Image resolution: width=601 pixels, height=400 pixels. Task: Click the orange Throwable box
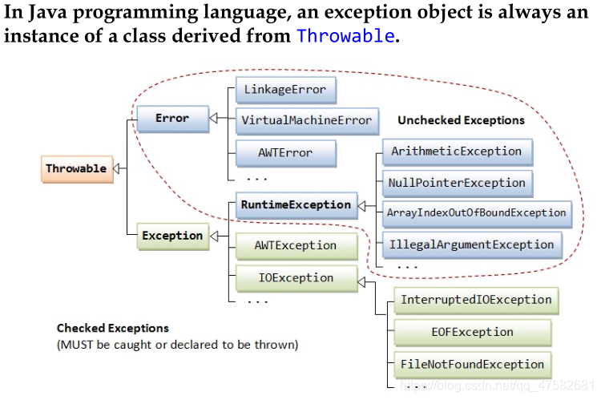pos(75,168)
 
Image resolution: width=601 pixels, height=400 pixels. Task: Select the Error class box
pos(172,119)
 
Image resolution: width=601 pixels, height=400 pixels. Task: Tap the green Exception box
pos(172,236)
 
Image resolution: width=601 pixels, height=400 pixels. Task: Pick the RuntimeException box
pos(296,204)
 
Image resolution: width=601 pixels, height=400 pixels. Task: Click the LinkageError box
pos(286,90)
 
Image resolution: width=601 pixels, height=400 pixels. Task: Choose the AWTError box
pos(286,152)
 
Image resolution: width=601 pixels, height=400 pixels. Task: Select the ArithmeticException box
pos(457,151)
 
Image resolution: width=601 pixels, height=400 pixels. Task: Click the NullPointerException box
pos(457,183)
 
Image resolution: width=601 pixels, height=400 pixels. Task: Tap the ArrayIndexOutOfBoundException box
pos(477,213)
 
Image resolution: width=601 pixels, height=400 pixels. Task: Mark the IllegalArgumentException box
pos(471,244)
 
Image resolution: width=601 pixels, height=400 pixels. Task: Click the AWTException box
pos(295,245)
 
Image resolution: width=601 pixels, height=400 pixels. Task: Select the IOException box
pos(296,277)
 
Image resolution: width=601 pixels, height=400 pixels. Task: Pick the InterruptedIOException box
pos(476,300)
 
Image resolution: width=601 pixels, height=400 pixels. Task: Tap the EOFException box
pos(472,332)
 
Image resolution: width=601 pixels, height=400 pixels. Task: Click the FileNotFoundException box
pos(472,365)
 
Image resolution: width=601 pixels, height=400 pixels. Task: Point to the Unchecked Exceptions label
pos(461,120)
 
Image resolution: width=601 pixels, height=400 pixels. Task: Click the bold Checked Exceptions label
pos(113,328)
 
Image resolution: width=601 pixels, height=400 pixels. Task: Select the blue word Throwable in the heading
pos(345,36)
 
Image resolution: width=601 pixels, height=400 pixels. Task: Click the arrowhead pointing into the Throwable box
pos(117,168)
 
